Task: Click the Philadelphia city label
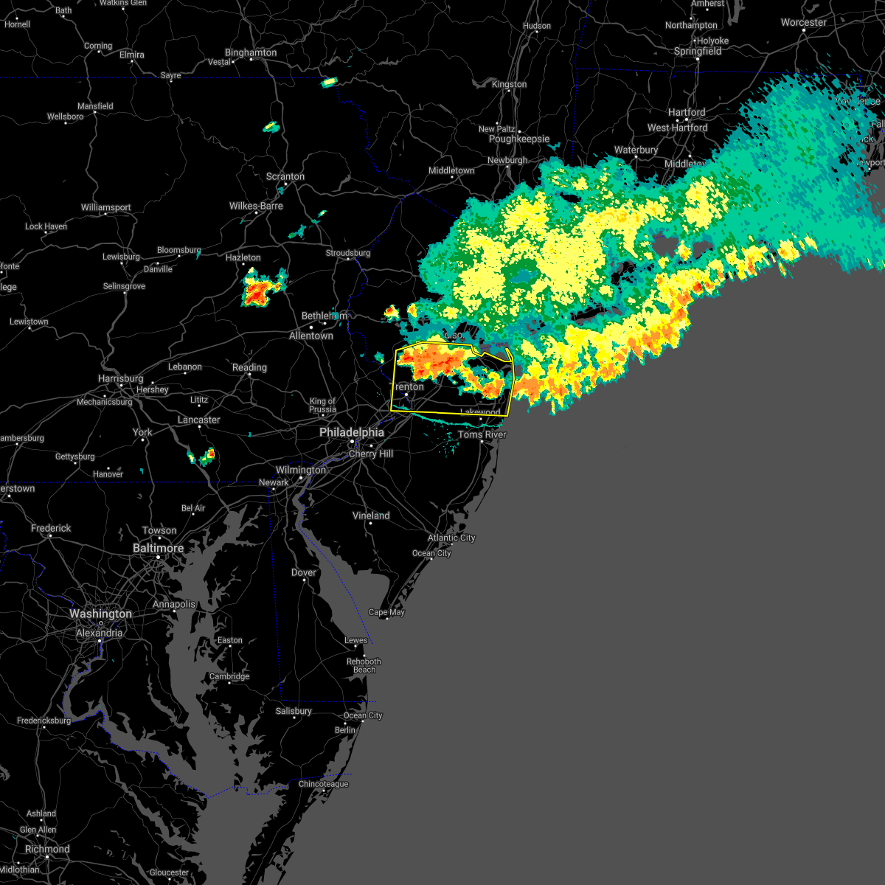point(352,433)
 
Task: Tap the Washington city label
point(100,614)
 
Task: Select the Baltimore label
point(158,548)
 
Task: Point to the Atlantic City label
point(451,538)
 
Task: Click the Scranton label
point(285,176)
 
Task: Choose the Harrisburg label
point(120,378)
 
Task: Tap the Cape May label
point(386,612)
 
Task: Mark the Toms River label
point(482,434)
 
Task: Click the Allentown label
point(310,336)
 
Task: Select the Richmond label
point(46,849)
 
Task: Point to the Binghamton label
point(251,52)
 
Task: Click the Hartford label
point(687,112)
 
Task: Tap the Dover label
point(303,572)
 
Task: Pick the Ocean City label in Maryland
point(363,715)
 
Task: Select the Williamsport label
point(105,207)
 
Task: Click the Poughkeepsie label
point(519,139)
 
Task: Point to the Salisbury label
point(294,711)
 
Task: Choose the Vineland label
point(371,516)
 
